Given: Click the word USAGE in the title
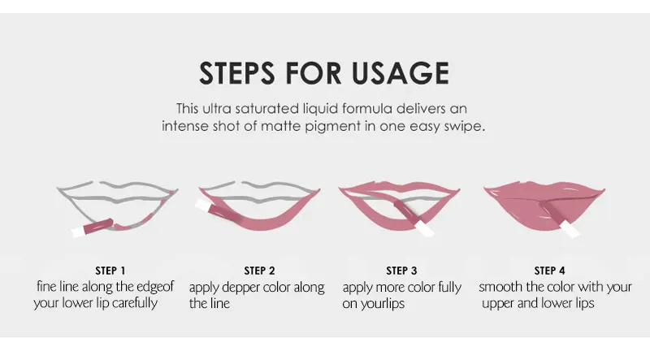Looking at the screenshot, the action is (x=400, y=73).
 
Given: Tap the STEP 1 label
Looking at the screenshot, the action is (x=110, y=271).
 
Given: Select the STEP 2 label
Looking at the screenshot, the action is (x=259, y=271).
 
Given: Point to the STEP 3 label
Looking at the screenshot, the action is (x=401, y=271).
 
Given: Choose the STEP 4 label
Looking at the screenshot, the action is (x=549, y=271).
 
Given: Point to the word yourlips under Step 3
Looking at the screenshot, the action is (x=382, y=304).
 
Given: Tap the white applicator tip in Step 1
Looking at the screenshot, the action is (x=77, y=232).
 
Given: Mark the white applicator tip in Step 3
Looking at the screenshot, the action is (x=425, y=228).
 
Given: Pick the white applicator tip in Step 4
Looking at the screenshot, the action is (x=570, y=229).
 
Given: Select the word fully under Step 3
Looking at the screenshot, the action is (x=450, y=288).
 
